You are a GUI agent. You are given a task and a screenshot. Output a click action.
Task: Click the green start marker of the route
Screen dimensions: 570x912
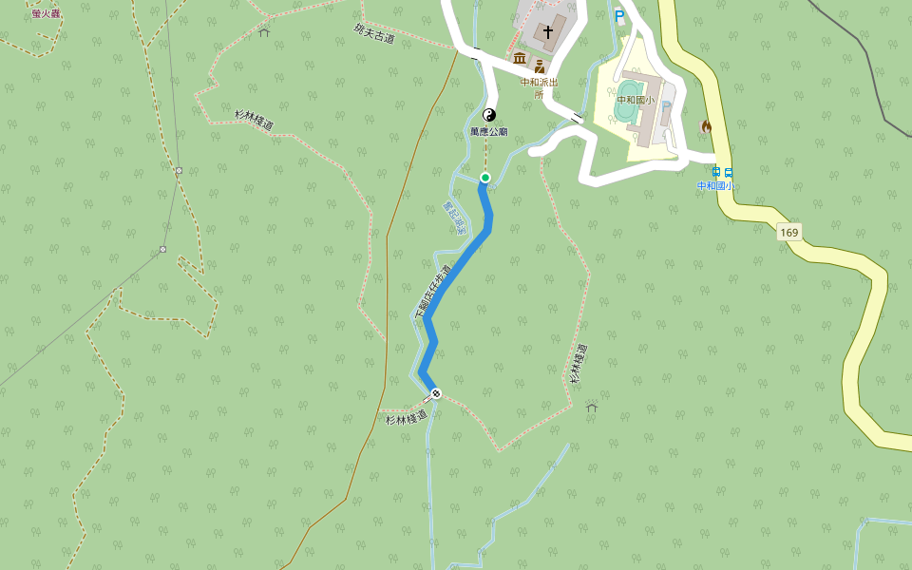(x=484, y=178)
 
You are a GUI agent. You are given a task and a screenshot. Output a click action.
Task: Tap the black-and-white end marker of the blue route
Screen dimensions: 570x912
(x=436, y=393)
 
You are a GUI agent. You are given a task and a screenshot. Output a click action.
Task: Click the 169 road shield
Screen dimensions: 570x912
(x=788, y=232)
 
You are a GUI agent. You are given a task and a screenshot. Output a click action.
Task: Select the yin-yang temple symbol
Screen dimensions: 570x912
(x=490, y=115)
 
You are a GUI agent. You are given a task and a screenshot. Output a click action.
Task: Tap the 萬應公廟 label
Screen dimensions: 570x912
(x=488, y=132)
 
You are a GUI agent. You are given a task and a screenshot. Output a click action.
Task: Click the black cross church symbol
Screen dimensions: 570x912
(x=548, y=32)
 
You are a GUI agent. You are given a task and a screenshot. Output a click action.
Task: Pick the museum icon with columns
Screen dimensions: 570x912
(x=520, y=59)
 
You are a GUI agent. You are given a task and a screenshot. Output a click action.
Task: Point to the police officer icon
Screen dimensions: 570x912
(x=540, y=66)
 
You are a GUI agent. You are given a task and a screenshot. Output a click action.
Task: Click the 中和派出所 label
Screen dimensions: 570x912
(x=539, y=87)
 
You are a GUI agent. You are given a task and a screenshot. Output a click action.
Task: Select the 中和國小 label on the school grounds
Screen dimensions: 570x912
(x=636, y=100)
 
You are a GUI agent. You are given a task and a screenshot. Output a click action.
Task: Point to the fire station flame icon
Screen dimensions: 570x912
(x=706, y=126)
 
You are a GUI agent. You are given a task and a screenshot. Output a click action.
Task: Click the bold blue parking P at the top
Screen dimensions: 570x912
(x=619, y=16)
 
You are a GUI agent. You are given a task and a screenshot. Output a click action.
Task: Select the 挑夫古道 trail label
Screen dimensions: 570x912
(x=373, y=34)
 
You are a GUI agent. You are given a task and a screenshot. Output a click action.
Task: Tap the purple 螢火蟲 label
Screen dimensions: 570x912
(x=45, y=13)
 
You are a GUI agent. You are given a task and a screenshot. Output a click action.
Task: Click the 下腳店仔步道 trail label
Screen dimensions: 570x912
(x=433, y=291)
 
